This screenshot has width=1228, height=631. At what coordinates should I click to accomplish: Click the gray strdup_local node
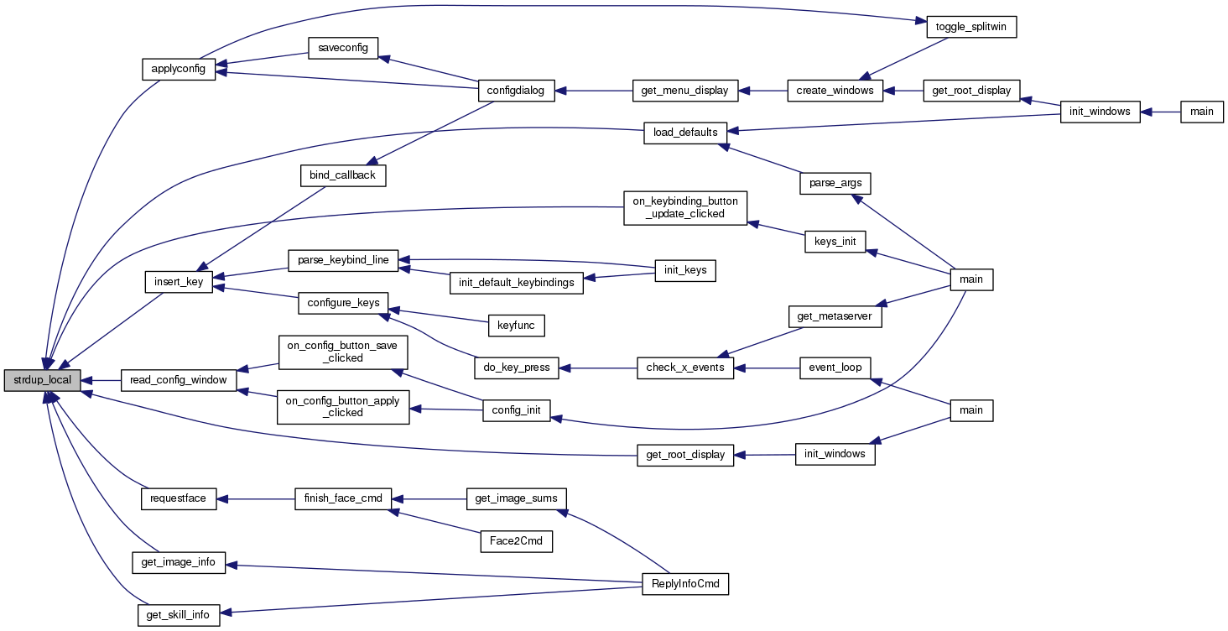(x=43, y=380)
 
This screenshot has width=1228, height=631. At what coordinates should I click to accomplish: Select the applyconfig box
(x=179, y=69)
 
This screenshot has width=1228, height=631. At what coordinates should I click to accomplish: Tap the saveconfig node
(x=343, y=48)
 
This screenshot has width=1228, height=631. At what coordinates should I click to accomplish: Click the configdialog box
(x=516, y=91)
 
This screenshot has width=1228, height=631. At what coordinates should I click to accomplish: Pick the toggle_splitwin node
(x=971, y=27)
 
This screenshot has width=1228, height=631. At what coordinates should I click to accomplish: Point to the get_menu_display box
(x=684, y=91)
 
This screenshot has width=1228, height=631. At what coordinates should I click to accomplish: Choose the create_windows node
(x=835, y=91)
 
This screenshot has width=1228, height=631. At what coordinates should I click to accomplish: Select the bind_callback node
(x=343, y=175)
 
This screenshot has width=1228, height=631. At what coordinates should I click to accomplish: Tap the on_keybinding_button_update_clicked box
(x=685, y=207)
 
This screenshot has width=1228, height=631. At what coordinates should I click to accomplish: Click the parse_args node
(x=835, y=181)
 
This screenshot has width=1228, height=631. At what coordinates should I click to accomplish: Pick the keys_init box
(x=835, y=242)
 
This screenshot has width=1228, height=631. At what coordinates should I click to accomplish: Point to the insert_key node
(x=179, y=281)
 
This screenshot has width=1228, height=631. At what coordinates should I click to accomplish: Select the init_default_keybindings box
(x=516, y=282)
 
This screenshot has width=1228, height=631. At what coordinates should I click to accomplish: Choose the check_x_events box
(x=685, y=368)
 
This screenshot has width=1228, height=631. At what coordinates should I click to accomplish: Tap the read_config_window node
(x=179, y=380)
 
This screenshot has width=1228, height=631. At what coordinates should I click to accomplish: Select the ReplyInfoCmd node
(x=684, y=584)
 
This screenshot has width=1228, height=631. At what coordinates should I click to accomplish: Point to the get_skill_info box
(x=179, y=615)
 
